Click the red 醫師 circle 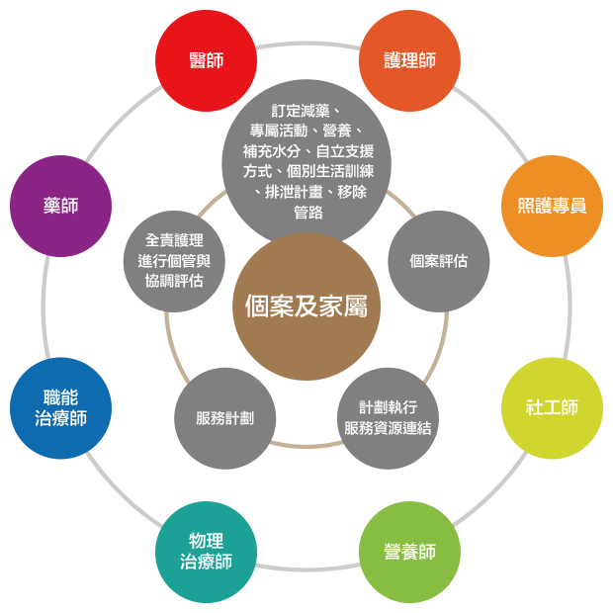click(x=206, y=60)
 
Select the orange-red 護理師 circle click(x=409, y=60)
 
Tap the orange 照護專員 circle click(x=552, y=206)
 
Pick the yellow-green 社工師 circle click(x=552, y=407)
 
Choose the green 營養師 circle click(x=409, y=552)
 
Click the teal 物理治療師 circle click(x=206, y=552)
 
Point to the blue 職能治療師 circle click(x=60, y=407)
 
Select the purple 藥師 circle click(x=60, y=206)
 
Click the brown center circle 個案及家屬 click(x=306, y=306)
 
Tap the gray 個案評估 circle click(x=438, y=261)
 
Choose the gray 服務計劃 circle click(x=224, y=418)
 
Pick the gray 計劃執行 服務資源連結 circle click(x=388, y=418)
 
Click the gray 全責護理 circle click(x=174, y=261)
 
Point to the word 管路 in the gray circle click(x=307, y=214)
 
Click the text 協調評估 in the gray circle click(x=174, y=280)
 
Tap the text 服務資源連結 click(x=388, y=428)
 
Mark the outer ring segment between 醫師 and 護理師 click(x=307, y=44)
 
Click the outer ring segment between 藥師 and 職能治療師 click(x=44, y=306)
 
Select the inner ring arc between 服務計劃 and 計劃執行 click(x=306, y=446)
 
